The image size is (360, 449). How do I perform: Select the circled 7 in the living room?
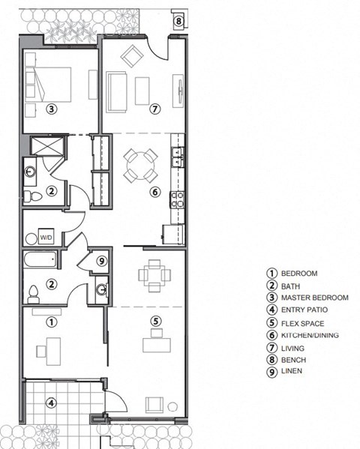point(155,109)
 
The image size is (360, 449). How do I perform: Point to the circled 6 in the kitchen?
point(154,192)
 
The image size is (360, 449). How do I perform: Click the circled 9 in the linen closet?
point(102,262)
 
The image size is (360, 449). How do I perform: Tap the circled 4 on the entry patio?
point(51,403)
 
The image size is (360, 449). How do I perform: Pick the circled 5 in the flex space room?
point(156,322)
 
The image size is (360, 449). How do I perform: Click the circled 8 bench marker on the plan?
point(178,20)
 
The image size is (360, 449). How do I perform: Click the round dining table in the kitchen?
point(140,164)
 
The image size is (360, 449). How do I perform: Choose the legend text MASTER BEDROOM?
point(314,298)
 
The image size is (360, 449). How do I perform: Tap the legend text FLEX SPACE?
point(303,323)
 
